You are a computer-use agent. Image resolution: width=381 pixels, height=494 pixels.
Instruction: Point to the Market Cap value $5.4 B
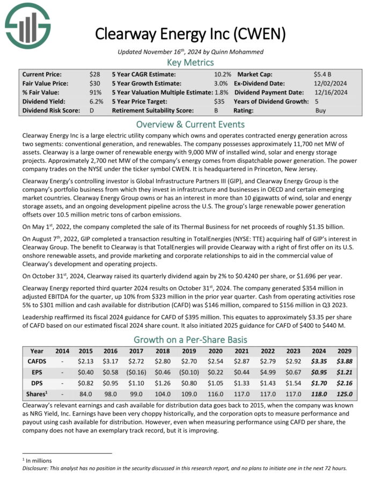(x=324, y=74)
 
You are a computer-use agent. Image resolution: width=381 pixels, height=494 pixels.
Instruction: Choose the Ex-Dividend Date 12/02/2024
(x=332, y=83)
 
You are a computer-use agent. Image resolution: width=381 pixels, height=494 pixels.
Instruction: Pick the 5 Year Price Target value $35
(x=219, y=101)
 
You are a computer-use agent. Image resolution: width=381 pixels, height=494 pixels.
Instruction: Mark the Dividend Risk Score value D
(x=93, y=110)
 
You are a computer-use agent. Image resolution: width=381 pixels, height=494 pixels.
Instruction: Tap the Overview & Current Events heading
(x=190, y=123)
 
